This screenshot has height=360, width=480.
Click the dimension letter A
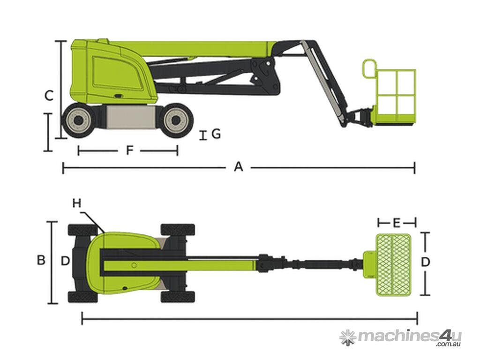pos(239,167)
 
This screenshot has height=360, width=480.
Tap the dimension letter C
pos(49,96)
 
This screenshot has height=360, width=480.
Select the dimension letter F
pos(130,150)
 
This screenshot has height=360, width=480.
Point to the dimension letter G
pos(216,134)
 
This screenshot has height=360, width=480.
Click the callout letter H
pos(77,203)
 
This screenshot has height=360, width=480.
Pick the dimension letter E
pos(397,223)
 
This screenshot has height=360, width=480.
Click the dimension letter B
pos(41,260)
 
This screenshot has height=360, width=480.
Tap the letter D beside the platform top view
pos(426,262)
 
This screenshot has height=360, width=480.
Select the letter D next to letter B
pos(65,261)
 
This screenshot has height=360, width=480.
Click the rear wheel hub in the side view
pos(79,120)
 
